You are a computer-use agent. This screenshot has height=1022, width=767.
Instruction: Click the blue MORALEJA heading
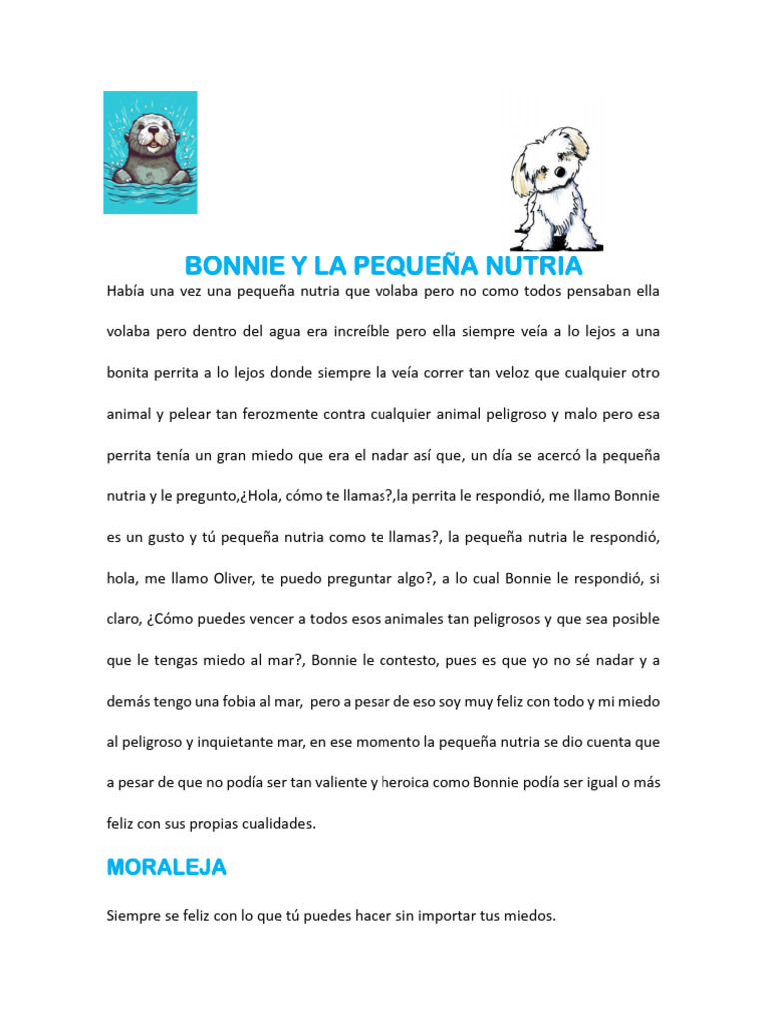pos(167,868)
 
